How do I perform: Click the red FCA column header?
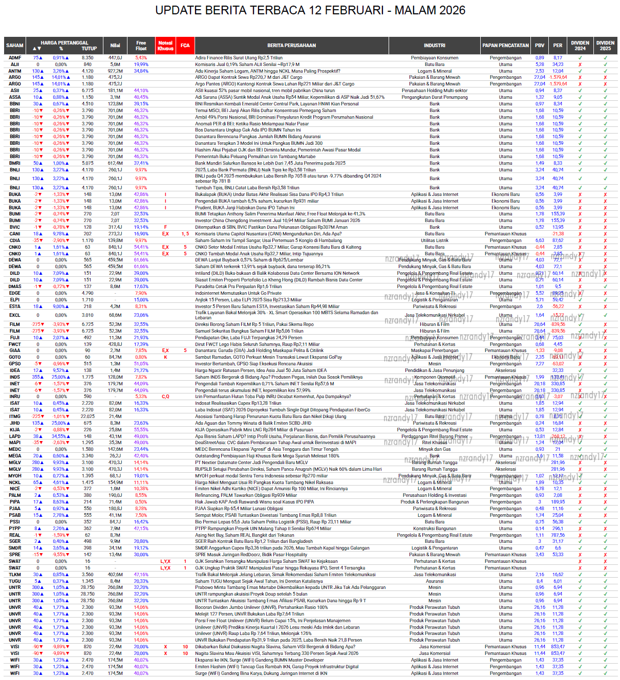point(185,46)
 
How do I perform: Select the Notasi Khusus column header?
point(165,46)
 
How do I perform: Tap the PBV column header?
point(540,46)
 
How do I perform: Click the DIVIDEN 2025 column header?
point(605,46)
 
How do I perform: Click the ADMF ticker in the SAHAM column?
point(15,58)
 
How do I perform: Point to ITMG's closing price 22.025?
point(88,416)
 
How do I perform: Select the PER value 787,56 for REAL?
point(558,535)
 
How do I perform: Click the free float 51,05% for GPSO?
point(141,364)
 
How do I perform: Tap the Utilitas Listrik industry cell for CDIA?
point(435,240)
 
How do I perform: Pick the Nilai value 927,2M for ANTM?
point(115,71)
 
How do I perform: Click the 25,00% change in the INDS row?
point(61,377)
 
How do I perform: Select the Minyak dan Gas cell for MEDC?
point(435,449)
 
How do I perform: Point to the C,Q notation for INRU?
point(165,397)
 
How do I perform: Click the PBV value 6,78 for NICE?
point(540,489)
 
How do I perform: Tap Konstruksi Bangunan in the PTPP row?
point(435,529)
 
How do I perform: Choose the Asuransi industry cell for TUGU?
point(435,581)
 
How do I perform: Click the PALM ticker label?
point(15,495)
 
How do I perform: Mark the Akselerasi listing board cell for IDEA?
point(505,370)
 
